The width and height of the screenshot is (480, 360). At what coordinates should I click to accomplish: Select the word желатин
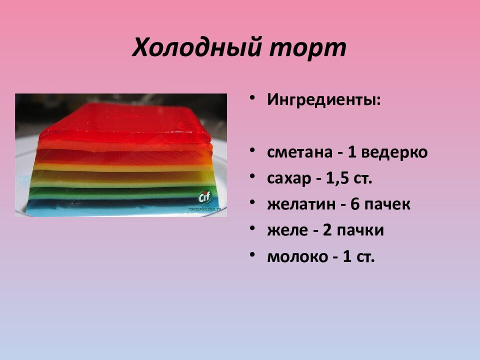pos(300,205)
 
